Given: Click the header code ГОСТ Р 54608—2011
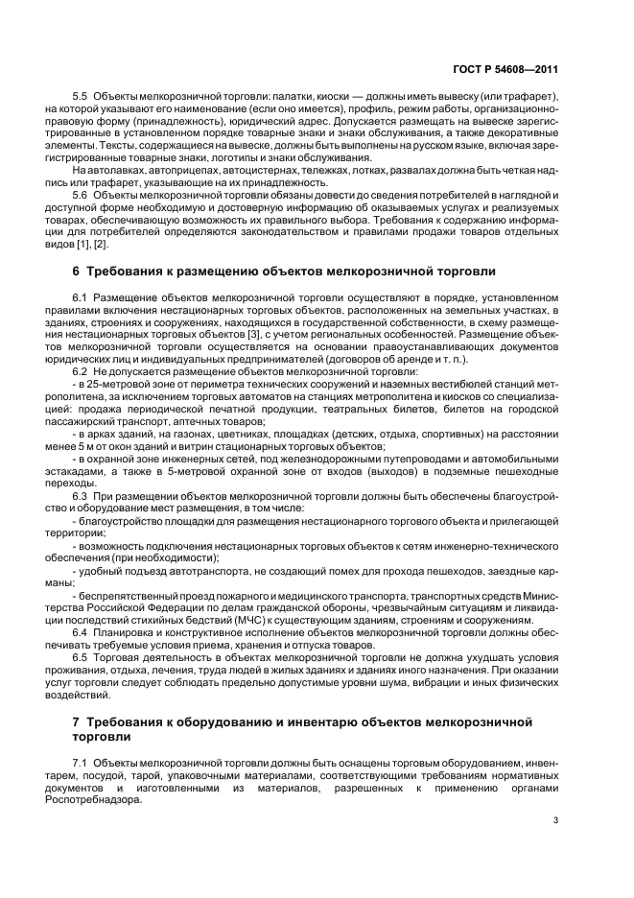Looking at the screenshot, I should point(505,69).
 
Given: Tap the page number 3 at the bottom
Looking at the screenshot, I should point(555,819).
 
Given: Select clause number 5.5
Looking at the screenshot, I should point(81,99).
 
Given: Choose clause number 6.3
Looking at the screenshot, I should point(81,494).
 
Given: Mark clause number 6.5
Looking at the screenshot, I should point(81,657).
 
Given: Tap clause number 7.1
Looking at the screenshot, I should point(81,763).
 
